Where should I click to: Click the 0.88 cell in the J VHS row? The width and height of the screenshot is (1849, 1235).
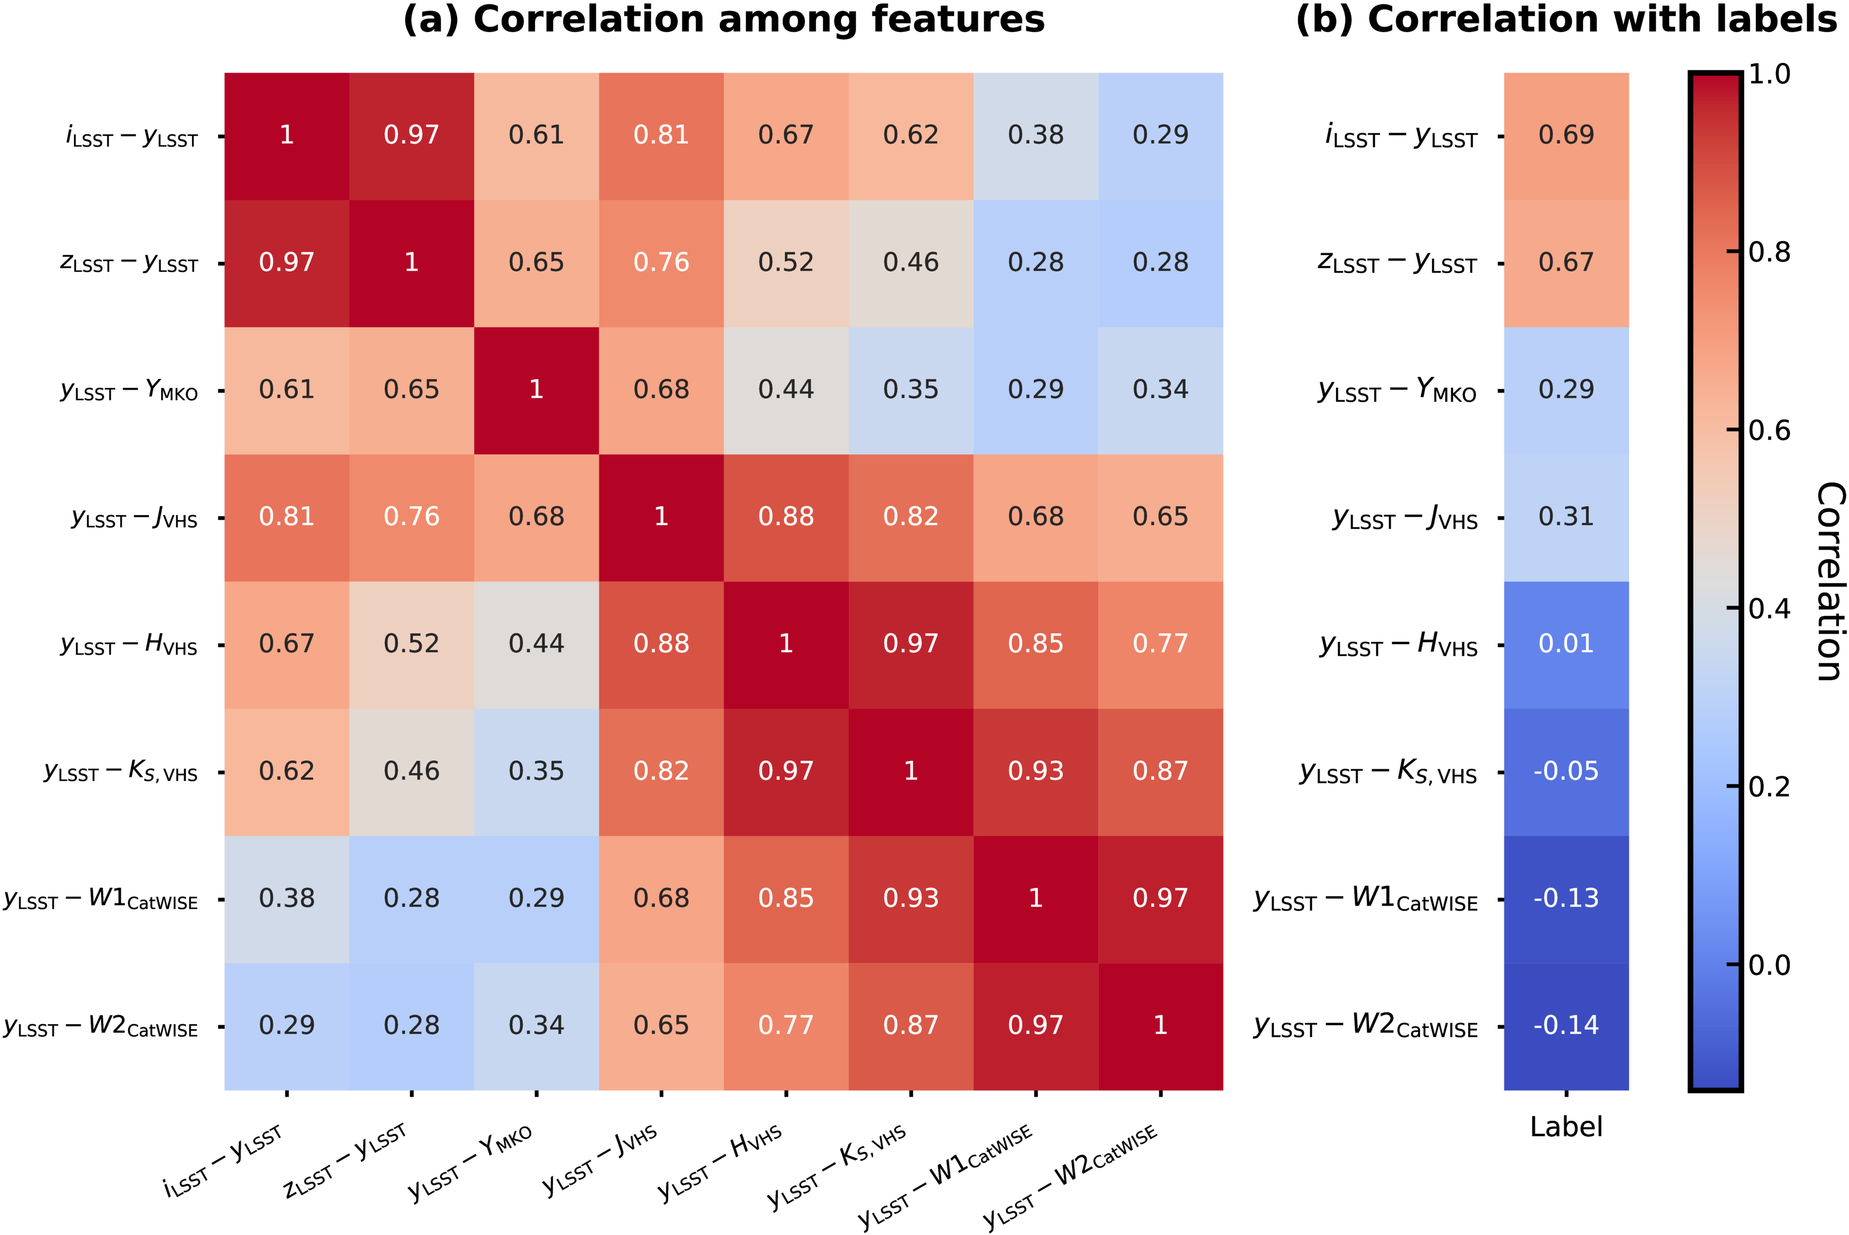pos(785,517)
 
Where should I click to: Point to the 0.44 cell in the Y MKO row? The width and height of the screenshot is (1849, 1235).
pos(785,390)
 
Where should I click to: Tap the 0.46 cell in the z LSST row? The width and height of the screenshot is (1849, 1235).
pos(911,262)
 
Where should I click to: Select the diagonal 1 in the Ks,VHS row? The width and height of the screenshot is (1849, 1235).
pos(911,771)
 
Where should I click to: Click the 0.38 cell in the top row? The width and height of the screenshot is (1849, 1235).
pos(1035,135)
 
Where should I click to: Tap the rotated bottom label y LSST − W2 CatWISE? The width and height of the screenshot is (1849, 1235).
pos(1072,1177)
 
